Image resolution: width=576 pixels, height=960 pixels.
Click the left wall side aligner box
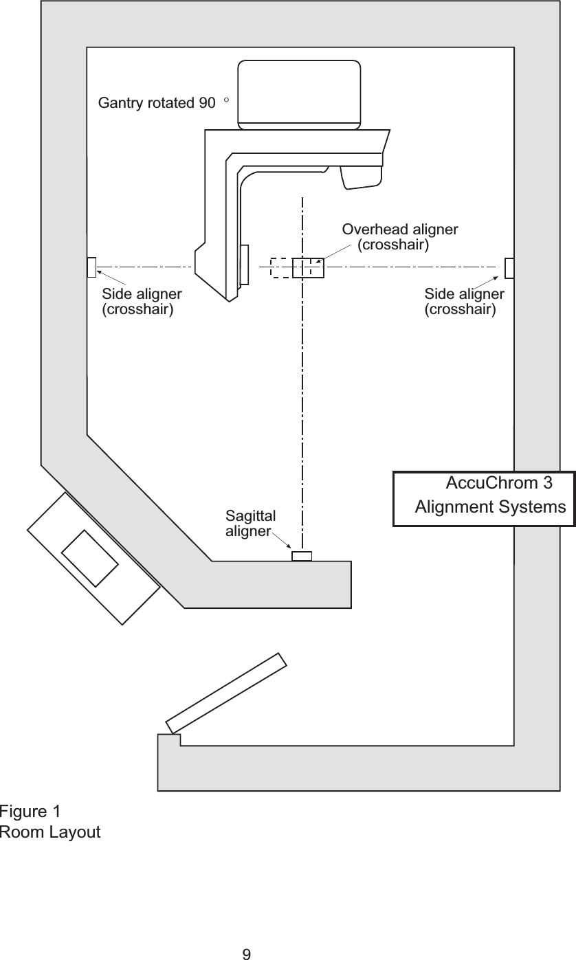(x=91, y=267)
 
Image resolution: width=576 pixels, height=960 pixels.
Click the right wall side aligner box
(x=509, y=268)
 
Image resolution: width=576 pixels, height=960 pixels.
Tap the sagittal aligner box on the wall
(x=302, y=556)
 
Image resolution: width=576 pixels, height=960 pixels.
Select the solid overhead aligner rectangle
(x=308, y=267)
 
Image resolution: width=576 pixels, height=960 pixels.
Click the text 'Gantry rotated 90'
(x=157, y=104)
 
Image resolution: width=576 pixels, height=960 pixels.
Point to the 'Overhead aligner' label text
(x=400, y=229)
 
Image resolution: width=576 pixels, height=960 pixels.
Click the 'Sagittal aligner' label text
(x=250, y=524)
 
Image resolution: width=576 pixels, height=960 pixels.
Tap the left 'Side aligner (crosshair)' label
(x=142, y=302)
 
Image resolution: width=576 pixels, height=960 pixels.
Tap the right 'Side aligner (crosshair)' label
(x=464, y=302)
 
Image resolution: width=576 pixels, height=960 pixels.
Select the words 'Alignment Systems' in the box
(x=491, y=508)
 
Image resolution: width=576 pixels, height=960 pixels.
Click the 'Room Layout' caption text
(x=50, y=833)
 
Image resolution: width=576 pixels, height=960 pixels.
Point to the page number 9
(x=247, y=954)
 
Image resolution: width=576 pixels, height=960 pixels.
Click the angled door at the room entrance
(x=227, y=693)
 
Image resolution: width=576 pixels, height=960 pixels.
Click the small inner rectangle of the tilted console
(x=89, y=558)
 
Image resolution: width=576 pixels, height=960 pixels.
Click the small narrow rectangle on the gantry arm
(x=244, y=264)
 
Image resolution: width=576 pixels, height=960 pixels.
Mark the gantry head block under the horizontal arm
(x=362, y=177)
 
